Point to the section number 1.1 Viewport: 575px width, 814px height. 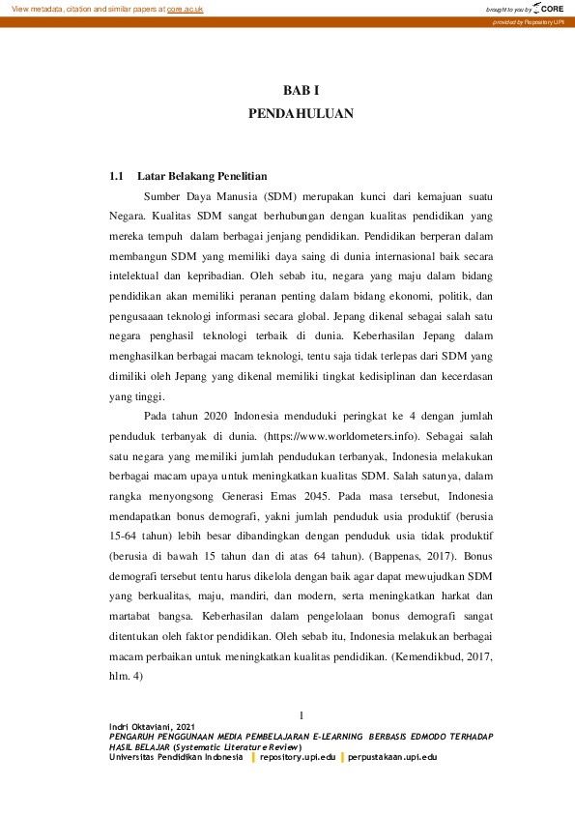(x=117, y=177)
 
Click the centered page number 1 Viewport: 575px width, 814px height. (x=302, y=715)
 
